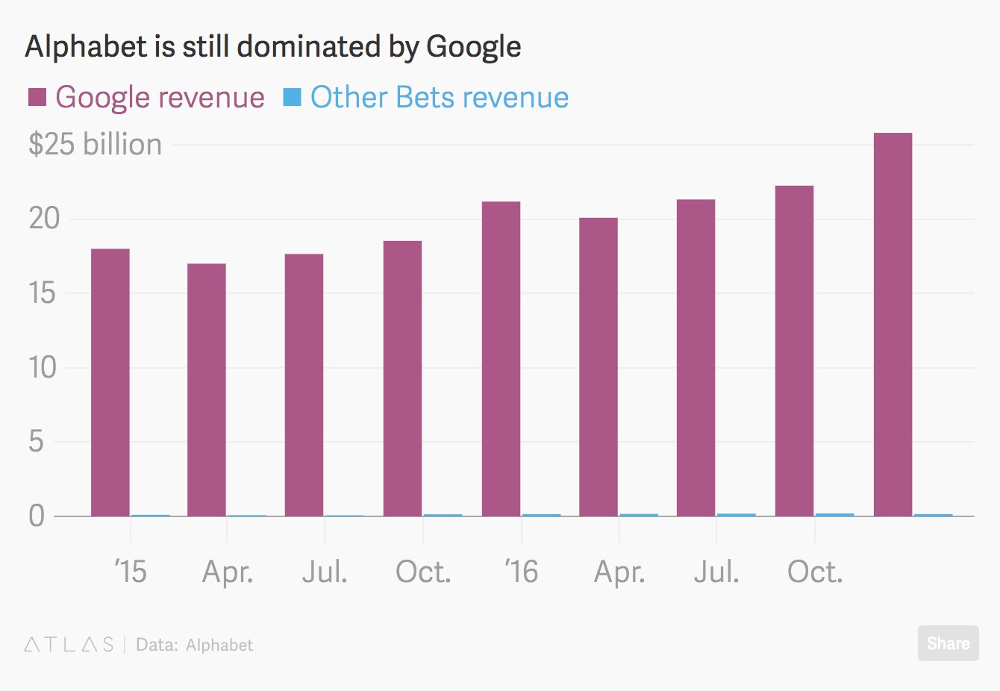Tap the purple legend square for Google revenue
(x=37, y=97)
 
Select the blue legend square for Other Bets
(x=292, y=97)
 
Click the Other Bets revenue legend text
(x=440, y=97)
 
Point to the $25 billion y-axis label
(x=95, y=144)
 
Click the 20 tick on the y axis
(x=43, y=219)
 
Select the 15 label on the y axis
(x=43, y=293)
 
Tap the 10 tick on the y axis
(x=43, y=367)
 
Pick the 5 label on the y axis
(x=37, y=441)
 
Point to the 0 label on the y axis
(x=37, y=516)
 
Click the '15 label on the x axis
(x=131, y=572)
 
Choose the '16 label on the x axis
(x=521, y=572)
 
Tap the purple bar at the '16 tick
(x=501, y=358)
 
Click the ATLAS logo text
(x=69, y=645)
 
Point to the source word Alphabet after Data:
(x=219, y=645)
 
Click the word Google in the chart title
(x=473, y=46)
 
